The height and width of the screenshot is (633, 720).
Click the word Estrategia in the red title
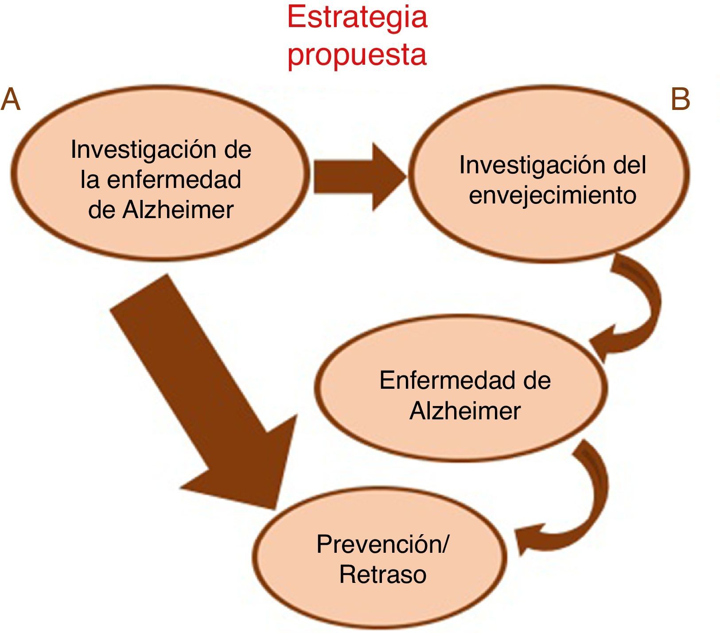[357, 18]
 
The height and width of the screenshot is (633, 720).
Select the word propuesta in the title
[357, 54]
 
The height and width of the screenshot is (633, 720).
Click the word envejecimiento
[553, 195]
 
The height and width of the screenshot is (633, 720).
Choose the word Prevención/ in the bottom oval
[382, 544]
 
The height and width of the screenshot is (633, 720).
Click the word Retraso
[382, 574]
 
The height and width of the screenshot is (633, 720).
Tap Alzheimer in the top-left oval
[178, 209]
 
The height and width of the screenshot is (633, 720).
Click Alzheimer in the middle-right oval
[465, 411]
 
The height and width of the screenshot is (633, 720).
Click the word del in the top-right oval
[629, 165]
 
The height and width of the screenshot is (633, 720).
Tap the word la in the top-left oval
[90, 180]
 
